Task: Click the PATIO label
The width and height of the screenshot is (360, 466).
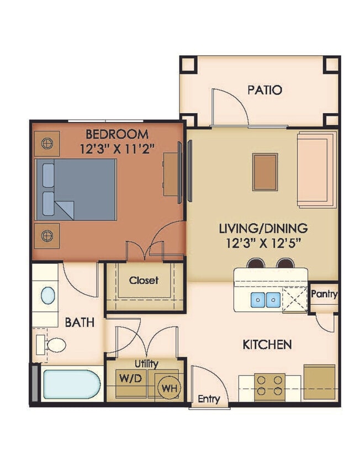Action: pos(264,90)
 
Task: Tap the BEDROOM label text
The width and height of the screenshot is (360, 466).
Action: pos(117,134)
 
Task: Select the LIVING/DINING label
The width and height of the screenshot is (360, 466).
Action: pos(264,227)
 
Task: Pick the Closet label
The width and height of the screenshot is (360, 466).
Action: pos(144,280)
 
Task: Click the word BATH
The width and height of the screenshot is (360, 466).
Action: pos(80,322)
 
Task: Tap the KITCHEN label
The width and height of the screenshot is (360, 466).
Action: pos(267,345)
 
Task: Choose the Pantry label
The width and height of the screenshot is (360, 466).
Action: pos(324,294)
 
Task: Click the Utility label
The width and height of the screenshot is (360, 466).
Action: pos(146,364)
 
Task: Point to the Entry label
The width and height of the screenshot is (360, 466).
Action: pos(209,399)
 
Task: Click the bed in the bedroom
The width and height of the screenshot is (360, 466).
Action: pos(76,189)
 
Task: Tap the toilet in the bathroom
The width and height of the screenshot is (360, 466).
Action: pos(53,345)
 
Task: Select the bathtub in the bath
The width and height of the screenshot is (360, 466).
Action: pos(71,385)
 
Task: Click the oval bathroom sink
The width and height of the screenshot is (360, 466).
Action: pos(48,295)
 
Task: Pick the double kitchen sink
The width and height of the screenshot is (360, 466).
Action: pos(266,300)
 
